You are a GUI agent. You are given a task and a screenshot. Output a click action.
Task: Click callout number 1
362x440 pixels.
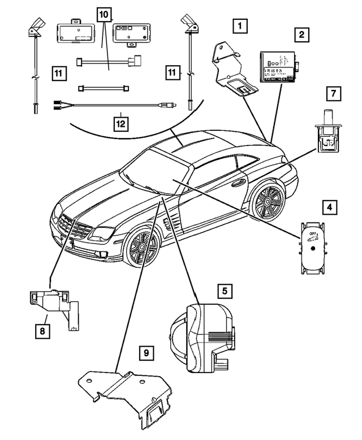[x=240, y=25]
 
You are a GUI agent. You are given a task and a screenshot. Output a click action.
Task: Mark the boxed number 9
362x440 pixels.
[x=146, y=353]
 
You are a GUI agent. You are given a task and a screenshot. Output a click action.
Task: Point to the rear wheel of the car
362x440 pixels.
[x=266, y=199]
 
